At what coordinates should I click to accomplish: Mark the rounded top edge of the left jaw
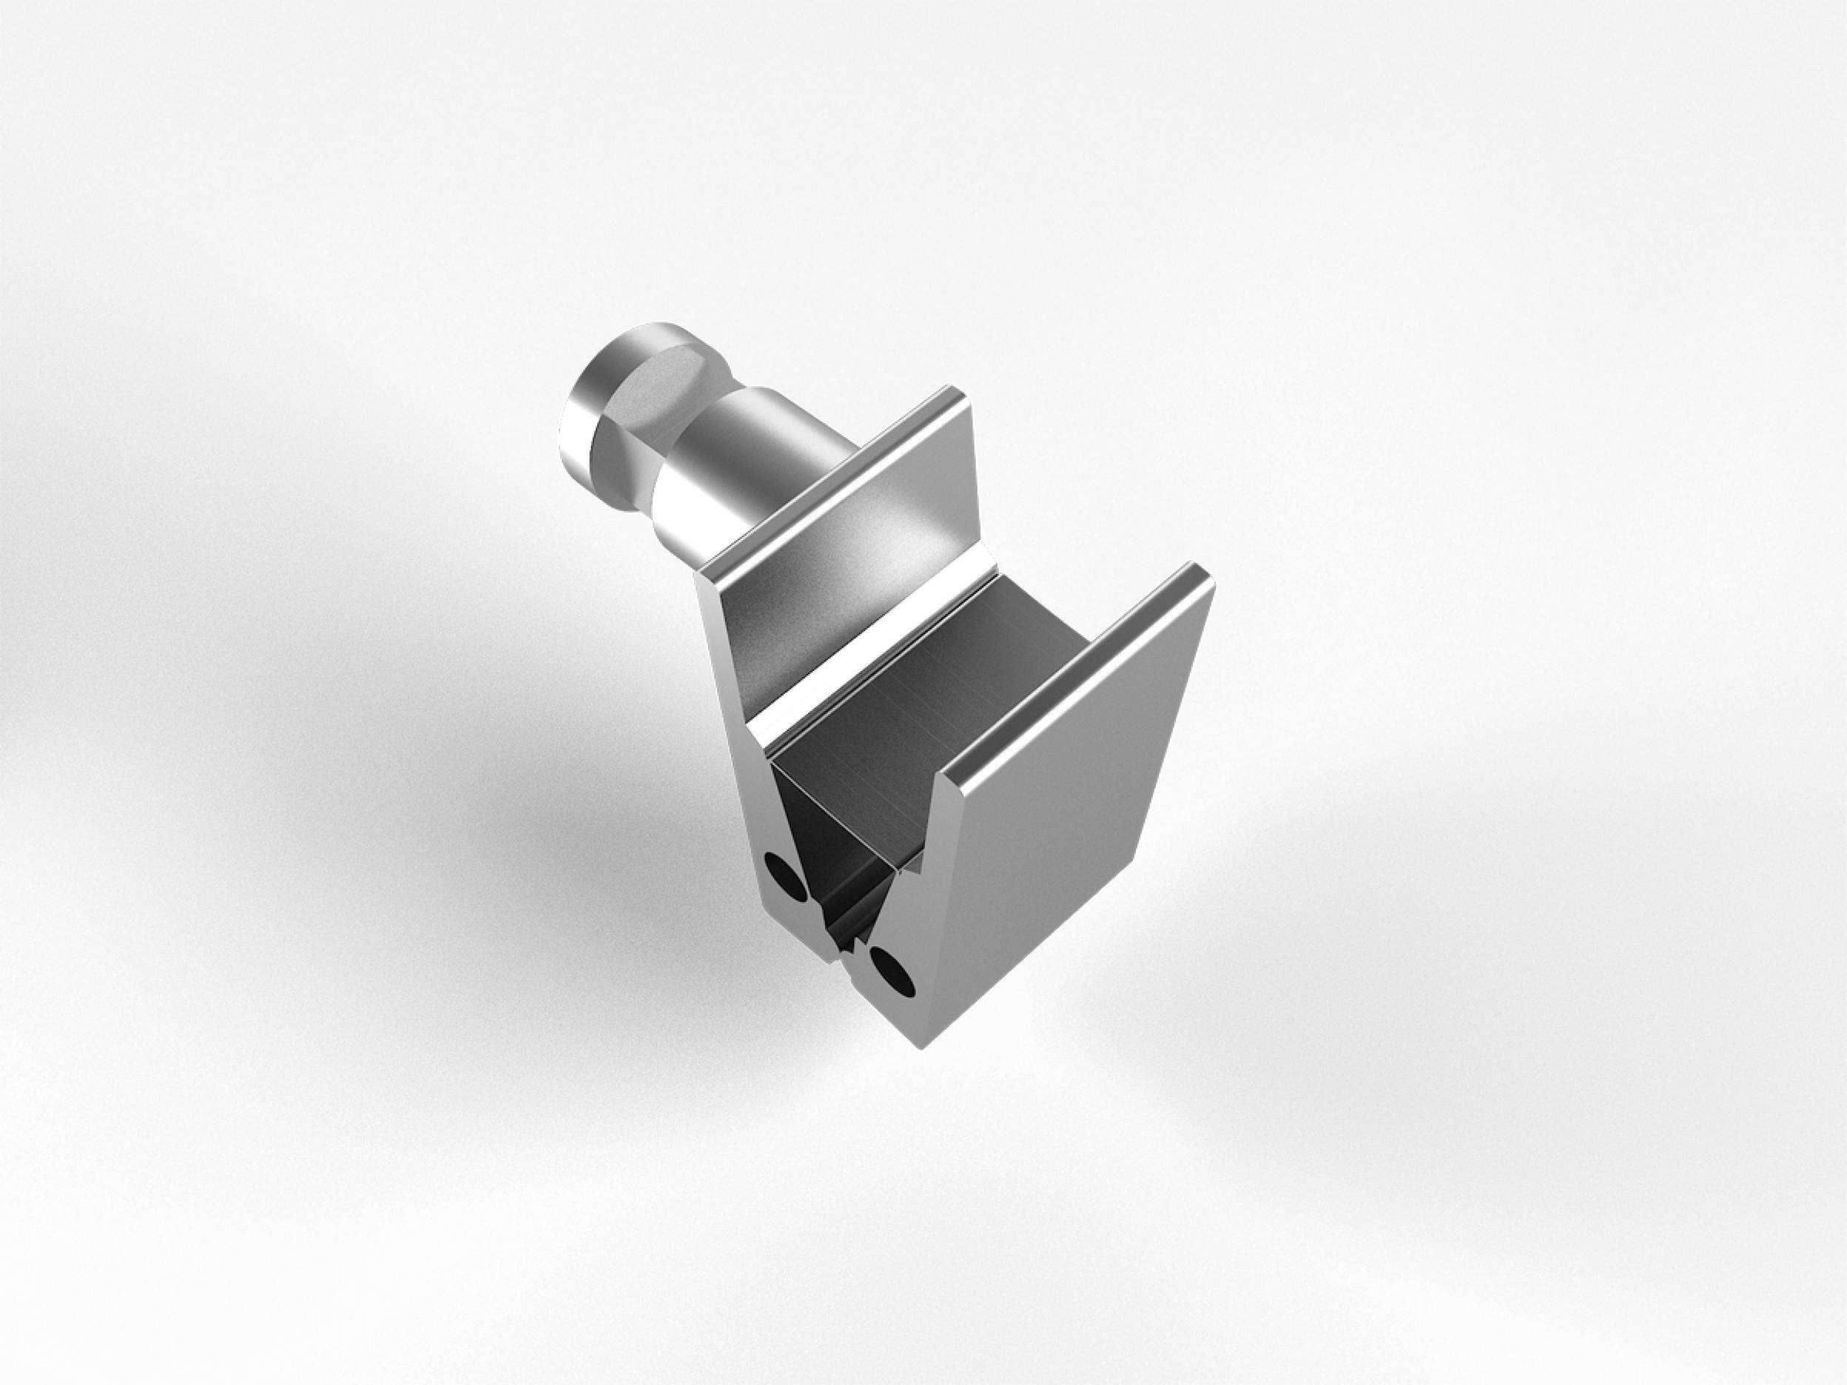[835, 493]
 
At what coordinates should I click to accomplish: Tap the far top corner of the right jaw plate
[1202, 570]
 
